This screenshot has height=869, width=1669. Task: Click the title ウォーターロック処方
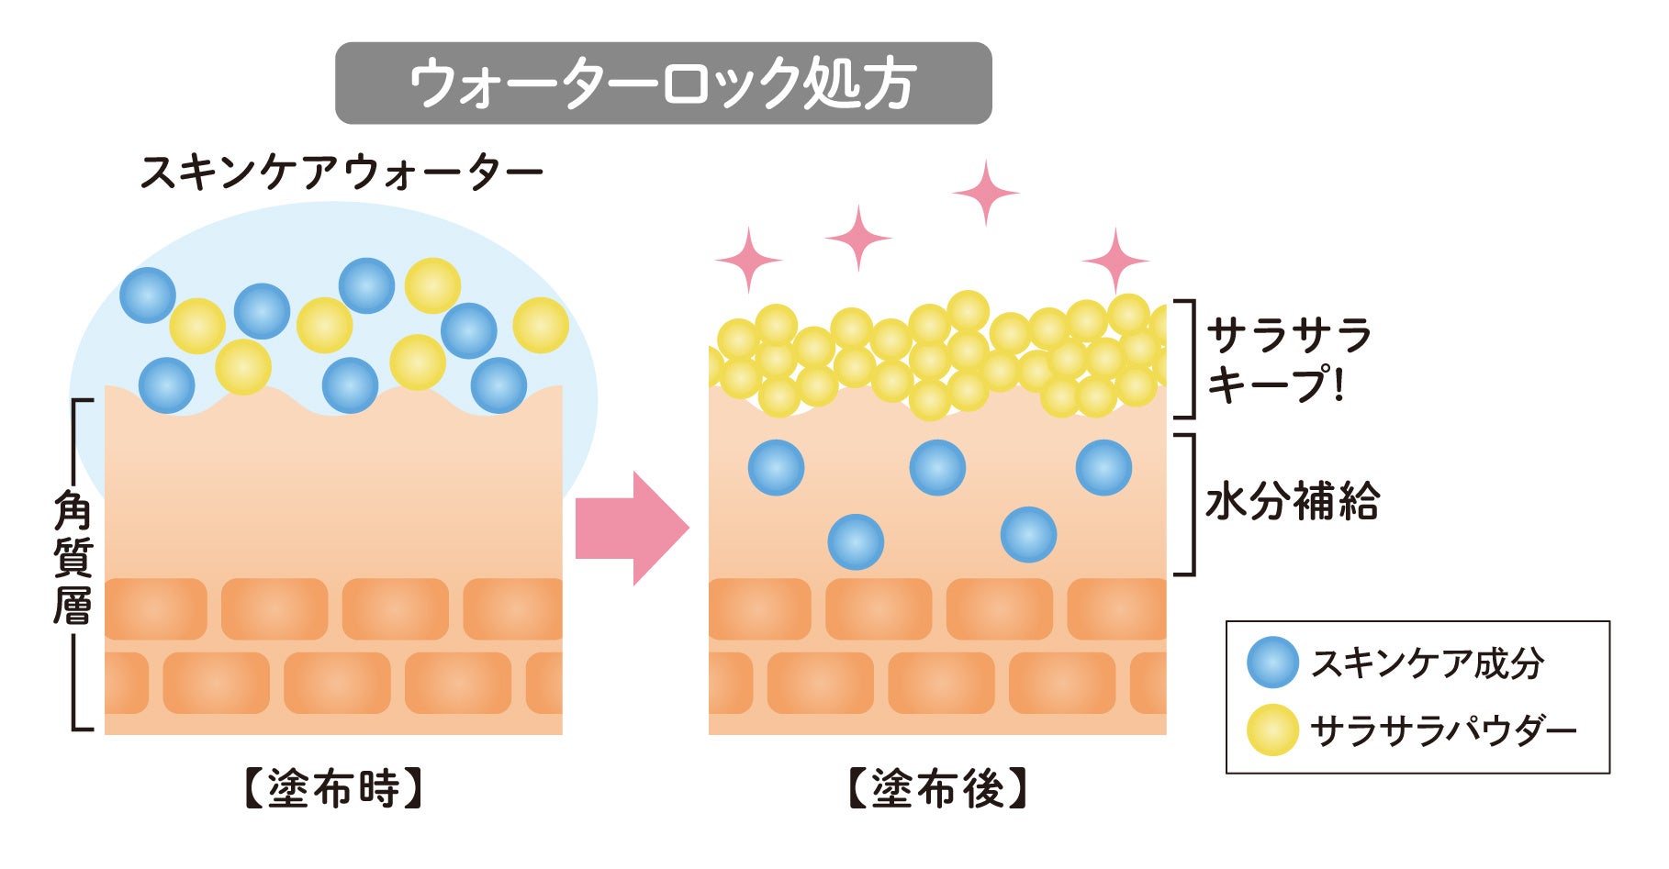point(663,84)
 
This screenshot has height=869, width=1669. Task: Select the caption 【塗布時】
point(333,788)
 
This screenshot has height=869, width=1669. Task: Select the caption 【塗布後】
point(936,788)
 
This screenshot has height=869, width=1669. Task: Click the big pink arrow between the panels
point(632,529)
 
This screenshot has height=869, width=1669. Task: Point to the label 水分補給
point(1293,502)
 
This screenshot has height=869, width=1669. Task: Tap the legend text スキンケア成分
point(1427,663)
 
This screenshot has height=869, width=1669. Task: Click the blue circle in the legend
point(1272,663)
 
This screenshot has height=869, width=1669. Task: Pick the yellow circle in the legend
point(1272,730)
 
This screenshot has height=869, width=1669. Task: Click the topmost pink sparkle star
point(986,193)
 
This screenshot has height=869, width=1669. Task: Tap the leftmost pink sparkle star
point(748,261)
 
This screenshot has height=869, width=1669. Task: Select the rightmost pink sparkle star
point(1115,261)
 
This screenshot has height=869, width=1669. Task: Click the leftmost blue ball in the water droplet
point(148,295)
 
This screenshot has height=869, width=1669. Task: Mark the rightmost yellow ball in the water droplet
point(541,325)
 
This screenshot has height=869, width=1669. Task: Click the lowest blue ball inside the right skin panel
point(856,541)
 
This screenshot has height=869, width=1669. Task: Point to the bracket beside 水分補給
point(1190,505)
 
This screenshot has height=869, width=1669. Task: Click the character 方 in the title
point(889,84)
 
